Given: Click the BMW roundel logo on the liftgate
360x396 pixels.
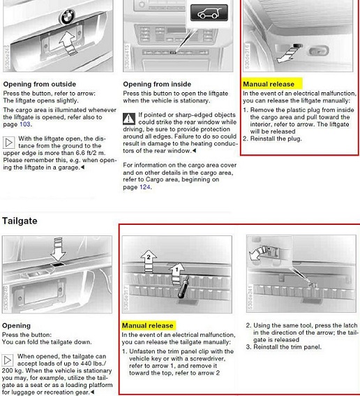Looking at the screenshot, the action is [67, 17].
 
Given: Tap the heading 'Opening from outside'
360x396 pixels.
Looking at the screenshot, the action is [40, 84].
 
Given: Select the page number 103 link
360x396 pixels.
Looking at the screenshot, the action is [24, 124].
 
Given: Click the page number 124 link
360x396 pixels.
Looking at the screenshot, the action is [145, 187].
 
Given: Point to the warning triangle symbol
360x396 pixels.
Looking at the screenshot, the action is [129, 119].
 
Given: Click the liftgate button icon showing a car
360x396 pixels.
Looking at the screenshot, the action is [209, 13].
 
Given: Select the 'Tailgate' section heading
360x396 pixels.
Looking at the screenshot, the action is [20, 221].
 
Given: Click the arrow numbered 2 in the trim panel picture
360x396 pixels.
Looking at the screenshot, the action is [149, 261].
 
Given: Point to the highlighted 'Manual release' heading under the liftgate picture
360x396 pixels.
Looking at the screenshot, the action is [269, 84].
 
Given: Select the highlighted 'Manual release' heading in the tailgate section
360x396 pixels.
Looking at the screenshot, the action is [148, 325].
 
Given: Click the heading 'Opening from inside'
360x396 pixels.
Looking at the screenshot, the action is [157, 84].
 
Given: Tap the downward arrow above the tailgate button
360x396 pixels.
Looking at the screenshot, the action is [58, 249].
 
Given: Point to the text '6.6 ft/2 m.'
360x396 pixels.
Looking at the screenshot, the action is [91, 153].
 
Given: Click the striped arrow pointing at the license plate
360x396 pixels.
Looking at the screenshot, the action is [68, 43].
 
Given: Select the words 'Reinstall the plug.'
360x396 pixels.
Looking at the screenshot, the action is [276, 139].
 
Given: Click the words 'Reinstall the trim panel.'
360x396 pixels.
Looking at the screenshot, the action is [287, 347].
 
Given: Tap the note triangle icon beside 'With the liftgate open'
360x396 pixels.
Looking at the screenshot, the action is [8, 142].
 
